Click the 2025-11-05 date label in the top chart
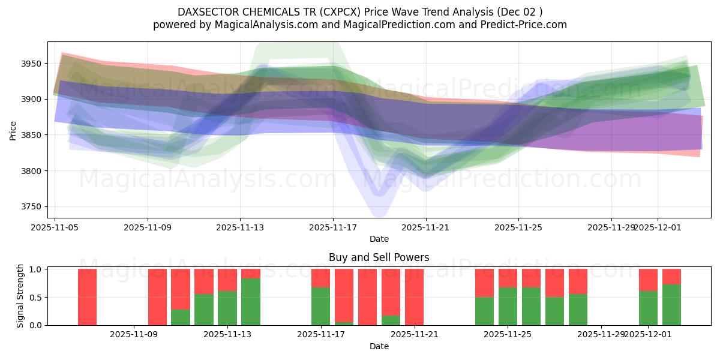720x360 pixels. [x=55, y=228]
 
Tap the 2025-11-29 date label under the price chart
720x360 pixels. [x=611, y=228]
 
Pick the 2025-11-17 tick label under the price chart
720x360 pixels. [x=333, y=228]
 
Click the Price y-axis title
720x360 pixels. [x=13, y=130]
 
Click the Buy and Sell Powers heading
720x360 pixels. [x=379, y=257]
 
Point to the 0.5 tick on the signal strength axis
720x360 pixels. [x=35, y=298]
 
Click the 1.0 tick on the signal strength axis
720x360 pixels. [x=35, y=269]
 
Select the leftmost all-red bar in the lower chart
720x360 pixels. [x=87, y=297]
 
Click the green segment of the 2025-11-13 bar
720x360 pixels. [x=227, y=308]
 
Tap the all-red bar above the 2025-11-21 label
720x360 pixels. [x=414, y=297]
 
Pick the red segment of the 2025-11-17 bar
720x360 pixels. [x=320, y=278]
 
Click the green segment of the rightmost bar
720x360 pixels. [x=671, y=305]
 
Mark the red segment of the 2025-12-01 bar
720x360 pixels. [x=648, y=280]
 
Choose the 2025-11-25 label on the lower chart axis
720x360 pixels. [x=508, y=335]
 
